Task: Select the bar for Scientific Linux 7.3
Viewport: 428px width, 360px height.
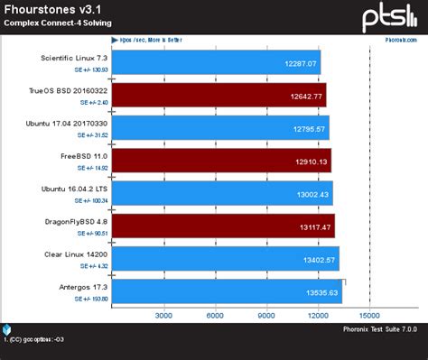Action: coord(217,65)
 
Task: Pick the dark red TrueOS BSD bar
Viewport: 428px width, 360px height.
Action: coord(217,97)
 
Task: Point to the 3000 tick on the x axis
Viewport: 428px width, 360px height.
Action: coord(163,316)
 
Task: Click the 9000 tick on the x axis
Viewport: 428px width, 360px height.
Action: coord(266,316)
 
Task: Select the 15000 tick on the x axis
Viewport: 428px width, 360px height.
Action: coord(368,316)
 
